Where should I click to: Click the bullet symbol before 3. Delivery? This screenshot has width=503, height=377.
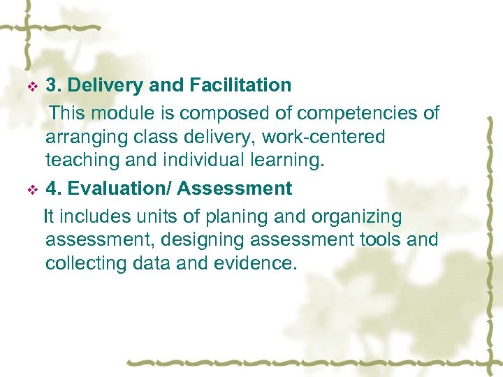click(x=31, y=87)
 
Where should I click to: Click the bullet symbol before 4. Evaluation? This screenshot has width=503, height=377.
click(x=31, y=190)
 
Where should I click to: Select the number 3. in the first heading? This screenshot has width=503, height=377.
click(x=53, y=86)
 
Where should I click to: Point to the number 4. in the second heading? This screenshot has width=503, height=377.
click(x=53, y=188)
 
